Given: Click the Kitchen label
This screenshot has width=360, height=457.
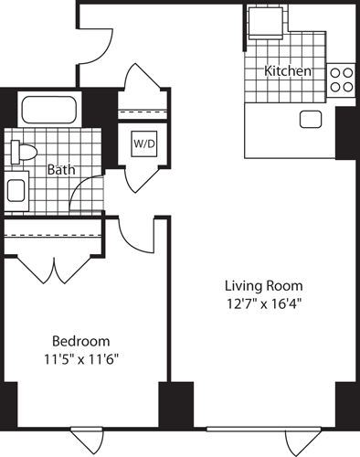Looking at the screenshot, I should (288, 70).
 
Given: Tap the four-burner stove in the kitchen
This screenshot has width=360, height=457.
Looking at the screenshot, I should (342, 80).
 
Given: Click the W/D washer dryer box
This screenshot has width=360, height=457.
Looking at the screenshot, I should (143, 144).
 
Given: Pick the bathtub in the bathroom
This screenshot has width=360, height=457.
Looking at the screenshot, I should (51, 112).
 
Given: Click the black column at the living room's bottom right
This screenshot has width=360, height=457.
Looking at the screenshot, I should (346, 404).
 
